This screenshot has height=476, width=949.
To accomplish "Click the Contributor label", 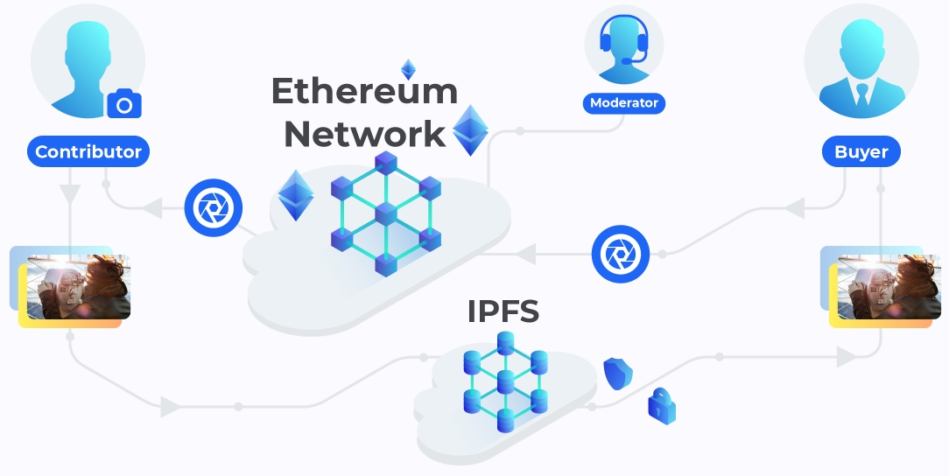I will tap(88, 151).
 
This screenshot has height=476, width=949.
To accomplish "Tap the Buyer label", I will tap(861, 151).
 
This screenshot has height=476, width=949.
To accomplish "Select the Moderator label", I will tap(624, 103).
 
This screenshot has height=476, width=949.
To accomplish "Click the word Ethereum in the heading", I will tap(364, 91).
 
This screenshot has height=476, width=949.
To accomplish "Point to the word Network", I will tap(364, 134).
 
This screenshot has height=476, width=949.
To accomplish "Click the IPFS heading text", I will tap(503, 311).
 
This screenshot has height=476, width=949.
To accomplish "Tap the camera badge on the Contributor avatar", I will tap(124, 105).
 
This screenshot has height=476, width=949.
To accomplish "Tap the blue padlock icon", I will tap(661, 407).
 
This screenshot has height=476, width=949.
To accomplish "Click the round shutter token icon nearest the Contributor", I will tap(213, 208).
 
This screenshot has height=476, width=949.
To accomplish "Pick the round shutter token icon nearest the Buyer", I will tap(621, 254).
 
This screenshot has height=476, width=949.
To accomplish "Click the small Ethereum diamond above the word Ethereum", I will tap(408, 69).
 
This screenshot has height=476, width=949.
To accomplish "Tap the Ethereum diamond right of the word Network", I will tap(470, 130).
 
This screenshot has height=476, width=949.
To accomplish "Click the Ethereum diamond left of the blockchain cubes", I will tap(296, 194).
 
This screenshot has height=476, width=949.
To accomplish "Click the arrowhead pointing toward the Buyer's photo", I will tap(846, 357).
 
